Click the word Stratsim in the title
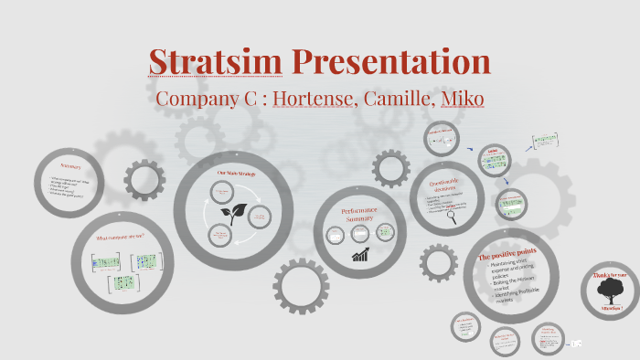[216, 61]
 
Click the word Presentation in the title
[391, 61]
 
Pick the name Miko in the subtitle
[461, 98]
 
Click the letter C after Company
[251, 98]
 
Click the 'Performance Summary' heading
[360, 215]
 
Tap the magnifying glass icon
[452, 217]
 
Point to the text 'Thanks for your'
[610, 274]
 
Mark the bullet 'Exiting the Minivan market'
[514, 281]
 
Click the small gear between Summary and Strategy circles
[144, 179]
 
